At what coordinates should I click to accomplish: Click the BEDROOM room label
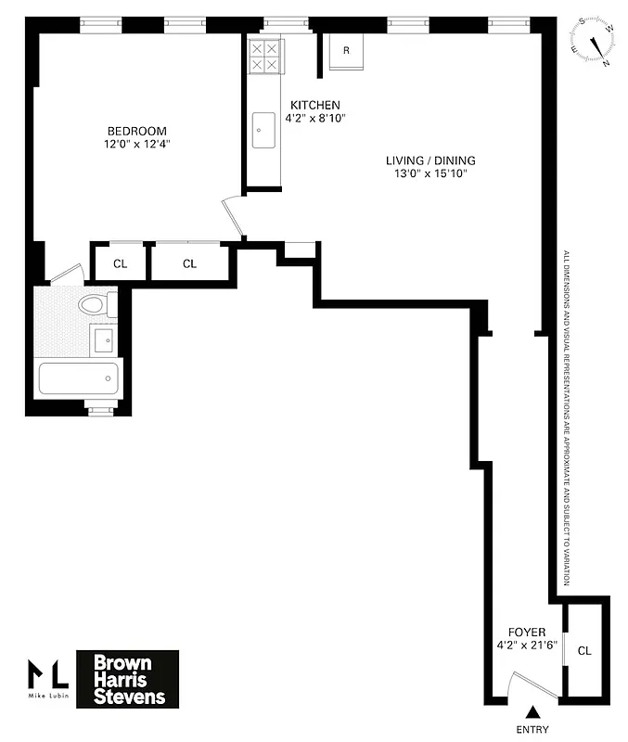point(136,131)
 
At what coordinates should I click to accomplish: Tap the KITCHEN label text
point(314,105)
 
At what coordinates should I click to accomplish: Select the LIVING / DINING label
point(430,160)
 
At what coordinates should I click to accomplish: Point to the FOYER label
point(527,633)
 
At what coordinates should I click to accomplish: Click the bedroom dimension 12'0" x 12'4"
point(136,145)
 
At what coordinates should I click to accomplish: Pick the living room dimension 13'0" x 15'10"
point(430,174)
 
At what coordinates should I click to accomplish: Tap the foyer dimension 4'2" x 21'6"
point(527,646)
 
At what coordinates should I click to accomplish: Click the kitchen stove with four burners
point(264,56)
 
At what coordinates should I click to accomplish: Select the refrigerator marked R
point(346,51)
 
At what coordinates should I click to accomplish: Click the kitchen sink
point(263,130)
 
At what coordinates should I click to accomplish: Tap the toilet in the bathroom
point(96,304)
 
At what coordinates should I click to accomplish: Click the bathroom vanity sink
point(104,339)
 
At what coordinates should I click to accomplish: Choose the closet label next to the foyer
point(583,650)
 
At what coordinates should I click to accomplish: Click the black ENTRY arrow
point(532,712)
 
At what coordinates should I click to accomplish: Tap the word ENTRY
point(532,730)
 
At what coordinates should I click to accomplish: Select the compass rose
point(594,42)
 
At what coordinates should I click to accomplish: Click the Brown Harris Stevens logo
point(127,678)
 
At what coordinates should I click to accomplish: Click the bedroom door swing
point(232,218)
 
